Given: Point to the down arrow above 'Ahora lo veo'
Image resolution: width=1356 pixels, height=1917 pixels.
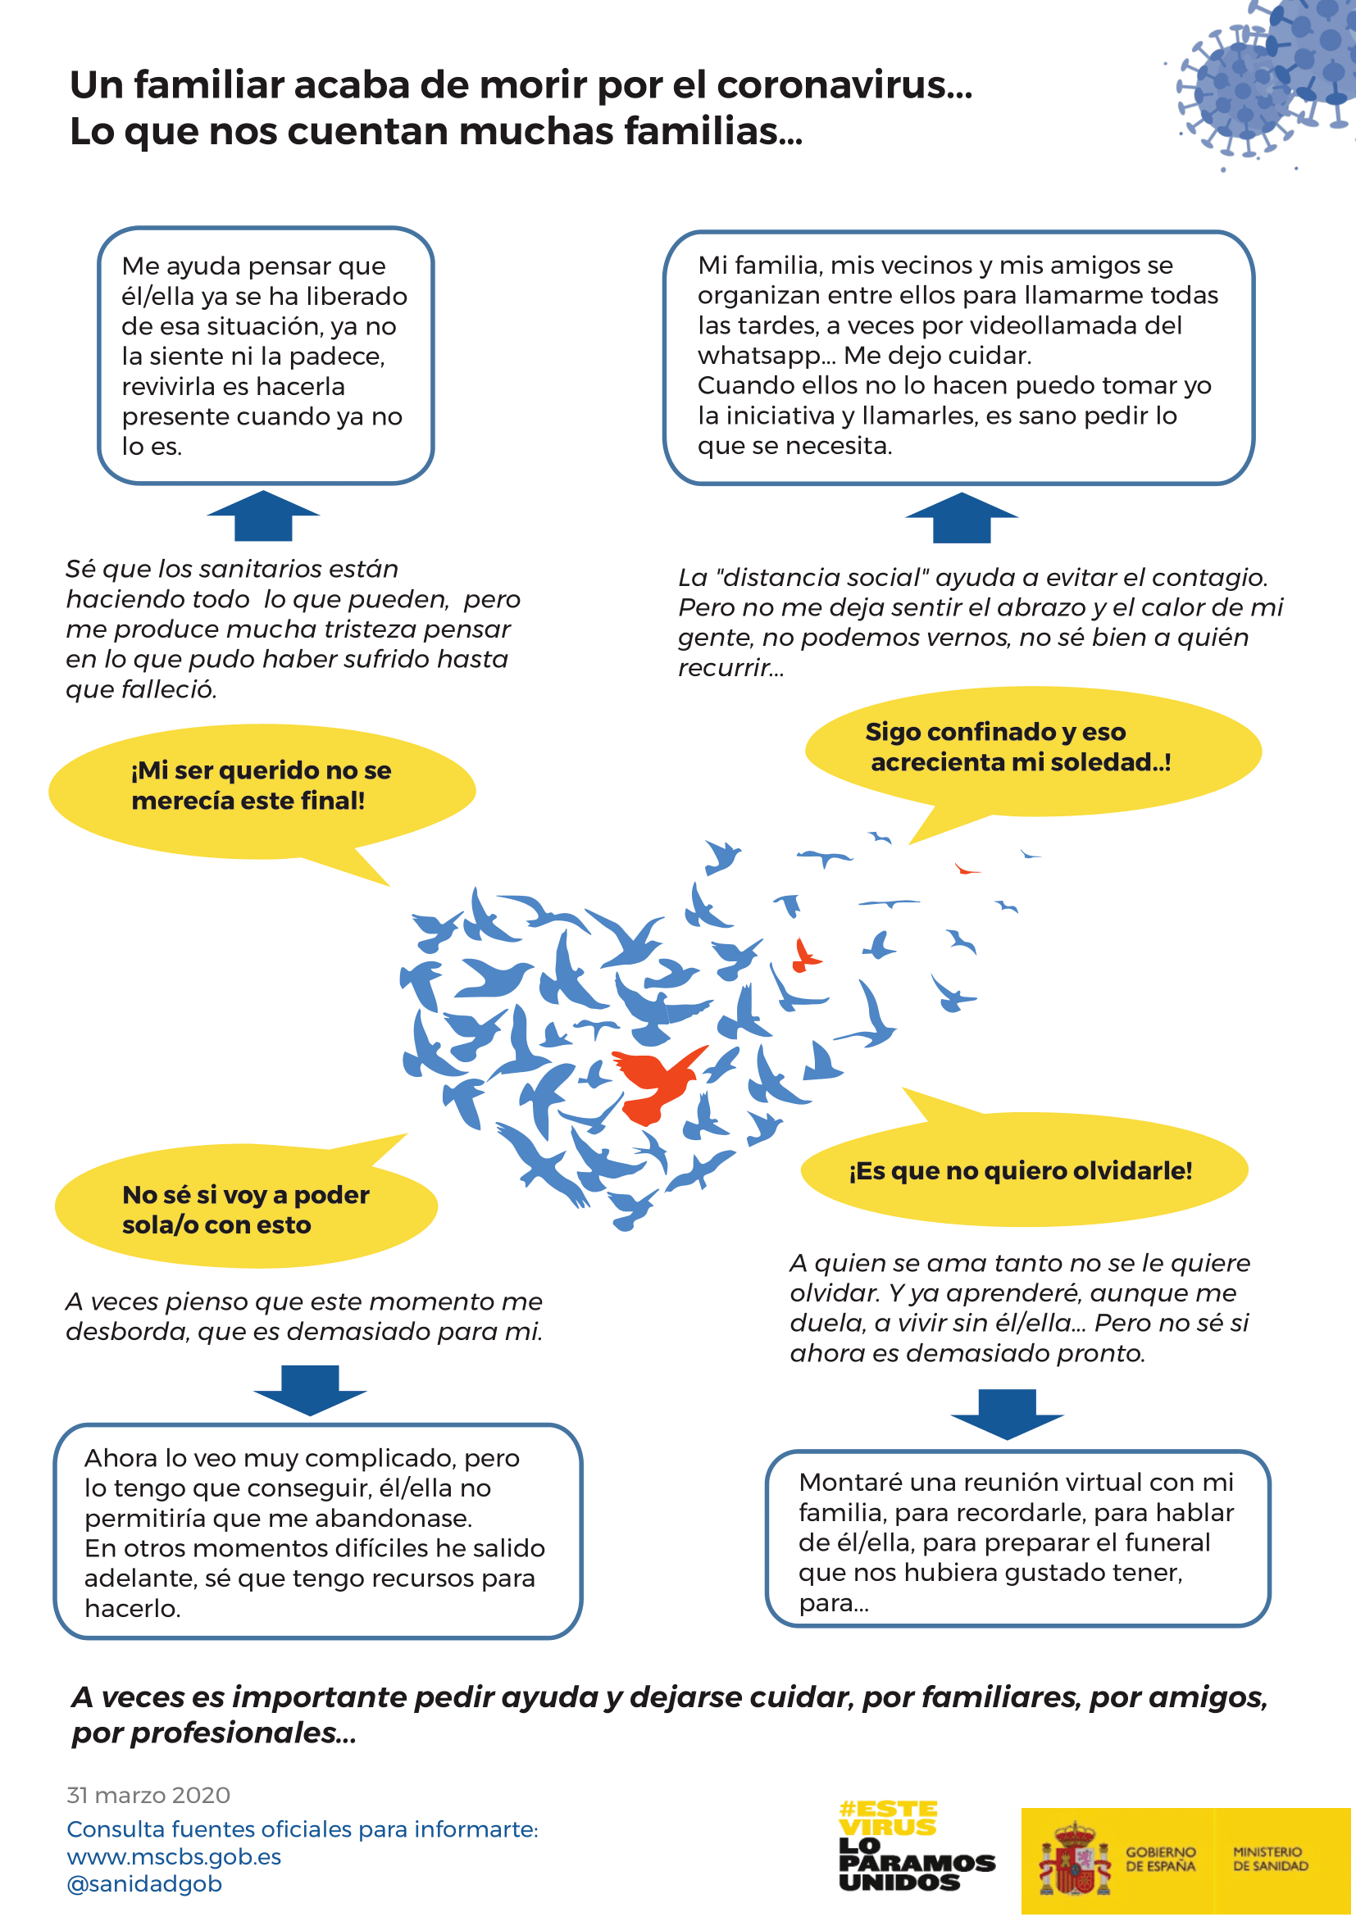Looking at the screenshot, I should click(310, 1390).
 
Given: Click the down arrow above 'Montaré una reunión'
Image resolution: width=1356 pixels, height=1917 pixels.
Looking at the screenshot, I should click(1007, 1415).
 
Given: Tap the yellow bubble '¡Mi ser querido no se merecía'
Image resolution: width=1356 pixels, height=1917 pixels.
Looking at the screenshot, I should click(261, 788).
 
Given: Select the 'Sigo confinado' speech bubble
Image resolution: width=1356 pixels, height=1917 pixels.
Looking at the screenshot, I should click(1032, 749).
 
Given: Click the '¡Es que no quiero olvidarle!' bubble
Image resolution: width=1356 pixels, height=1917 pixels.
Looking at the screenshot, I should click(1022, 1170).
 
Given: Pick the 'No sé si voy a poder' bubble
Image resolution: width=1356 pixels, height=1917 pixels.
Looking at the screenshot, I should click(245, 1209).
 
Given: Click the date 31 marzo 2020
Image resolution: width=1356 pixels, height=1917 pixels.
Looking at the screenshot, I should click(148, 1795).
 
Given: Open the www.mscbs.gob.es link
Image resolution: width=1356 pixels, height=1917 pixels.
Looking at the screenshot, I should click(174, 1856).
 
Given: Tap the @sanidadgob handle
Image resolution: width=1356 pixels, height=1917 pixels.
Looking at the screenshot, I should click(144, 1883).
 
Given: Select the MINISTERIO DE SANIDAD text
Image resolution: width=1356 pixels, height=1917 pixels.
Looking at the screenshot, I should click(1270, 1859).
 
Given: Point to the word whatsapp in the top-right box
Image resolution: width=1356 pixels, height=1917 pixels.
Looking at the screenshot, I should click(758, 357).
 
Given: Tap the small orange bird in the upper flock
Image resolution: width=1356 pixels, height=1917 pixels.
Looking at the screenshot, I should click(806, 956).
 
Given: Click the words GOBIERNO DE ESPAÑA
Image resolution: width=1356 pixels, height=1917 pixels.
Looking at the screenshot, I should click(1161, 1859).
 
